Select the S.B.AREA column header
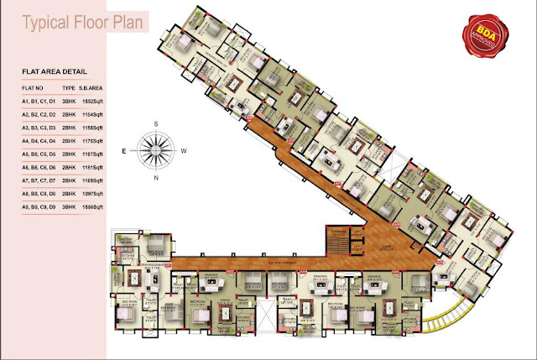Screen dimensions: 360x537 click(90, 87)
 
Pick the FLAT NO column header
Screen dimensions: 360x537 click(34, 87)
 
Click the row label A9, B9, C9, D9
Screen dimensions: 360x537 click(39, 206)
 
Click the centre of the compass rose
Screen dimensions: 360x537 click(155, 152)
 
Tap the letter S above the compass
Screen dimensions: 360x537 click(154, 124)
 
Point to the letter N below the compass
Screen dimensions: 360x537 click(155, 180)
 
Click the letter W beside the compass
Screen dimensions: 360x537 click(185, 152)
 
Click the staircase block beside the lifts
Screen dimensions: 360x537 click(338, 243)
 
